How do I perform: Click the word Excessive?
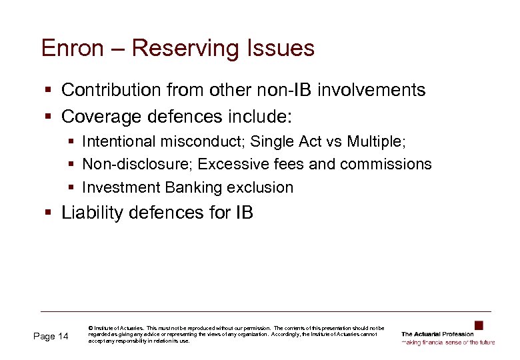coord(227,164)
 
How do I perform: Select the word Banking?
coord(191,187)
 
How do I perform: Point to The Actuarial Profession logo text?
coord(437,334)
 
